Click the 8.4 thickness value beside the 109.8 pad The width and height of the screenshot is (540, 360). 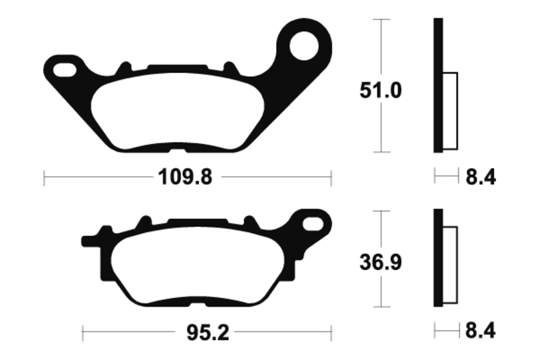click(x=481, y=178)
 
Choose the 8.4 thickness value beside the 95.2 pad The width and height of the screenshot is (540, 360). click(x=481, y=332)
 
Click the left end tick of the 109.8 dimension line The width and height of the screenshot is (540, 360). click(x=44, y=178)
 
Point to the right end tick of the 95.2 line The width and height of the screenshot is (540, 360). click(x=331, y=332)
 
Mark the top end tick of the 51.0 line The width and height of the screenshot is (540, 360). click(x=382, y=20)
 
